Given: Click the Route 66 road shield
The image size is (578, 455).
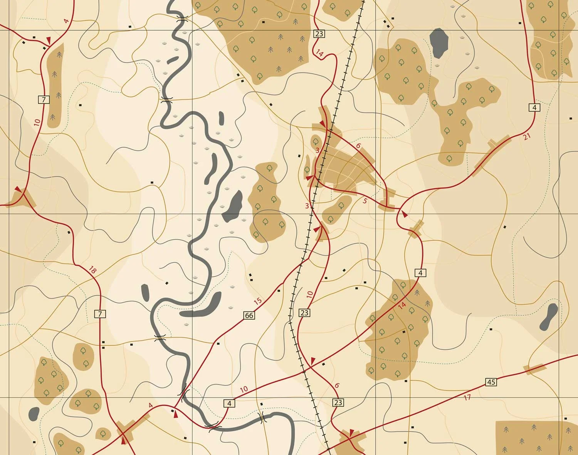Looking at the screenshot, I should pos(249,315).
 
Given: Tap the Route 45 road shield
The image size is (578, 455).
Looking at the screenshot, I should pos(491,382).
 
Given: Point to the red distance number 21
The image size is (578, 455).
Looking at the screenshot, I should pos(527,136).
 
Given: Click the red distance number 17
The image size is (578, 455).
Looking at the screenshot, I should pos(467,397).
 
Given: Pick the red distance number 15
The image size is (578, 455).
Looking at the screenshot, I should pos(258,301).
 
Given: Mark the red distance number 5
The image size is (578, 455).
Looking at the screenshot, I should pos(365,201).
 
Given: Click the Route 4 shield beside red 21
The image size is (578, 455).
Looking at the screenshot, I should pos(534,107).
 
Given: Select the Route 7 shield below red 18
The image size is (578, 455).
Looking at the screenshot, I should pos(100,314).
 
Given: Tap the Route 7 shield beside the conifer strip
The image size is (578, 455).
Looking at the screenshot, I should pos(44,100).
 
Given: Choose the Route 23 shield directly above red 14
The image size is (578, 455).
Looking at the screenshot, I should pos(319,34).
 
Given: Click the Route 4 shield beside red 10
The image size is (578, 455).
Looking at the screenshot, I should pos(229,403).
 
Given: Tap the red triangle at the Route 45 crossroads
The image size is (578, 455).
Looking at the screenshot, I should pos(351,432).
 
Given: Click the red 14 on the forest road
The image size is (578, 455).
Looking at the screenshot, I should pos(402,305).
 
